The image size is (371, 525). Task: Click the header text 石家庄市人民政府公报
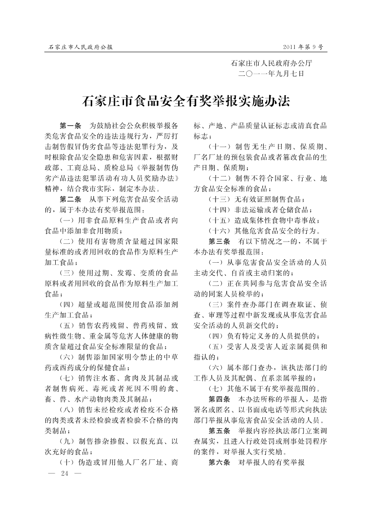pos(81,47)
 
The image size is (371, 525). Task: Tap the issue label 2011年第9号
pos(304,47)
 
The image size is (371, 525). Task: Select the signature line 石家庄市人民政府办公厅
pos(271,63)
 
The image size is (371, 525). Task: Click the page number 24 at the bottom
pos(63,473)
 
